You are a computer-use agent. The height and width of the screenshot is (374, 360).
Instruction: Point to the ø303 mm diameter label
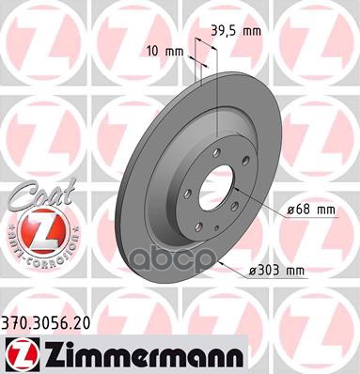click(305, 271)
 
